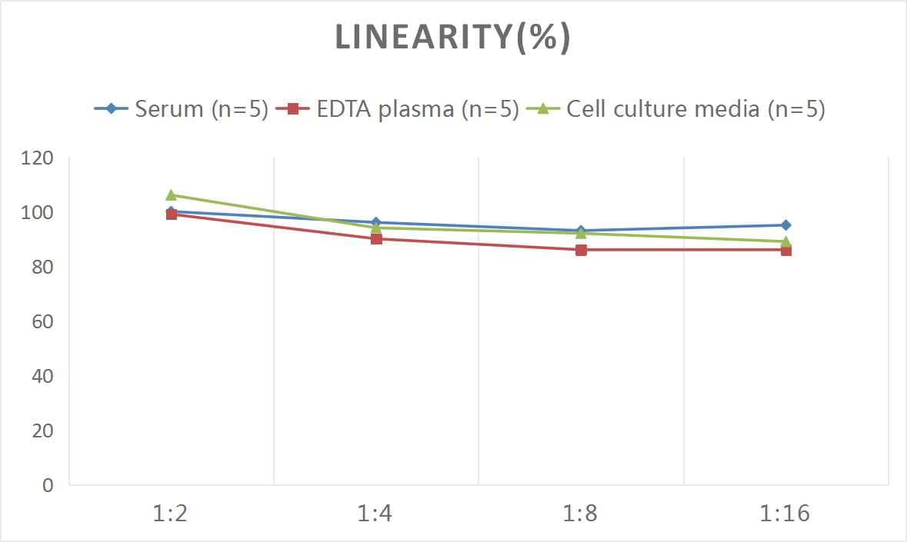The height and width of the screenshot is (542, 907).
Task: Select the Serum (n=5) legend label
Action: (x=202, y=109)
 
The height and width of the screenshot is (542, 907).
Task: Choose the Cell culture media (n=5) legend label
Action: (x=695, y=109)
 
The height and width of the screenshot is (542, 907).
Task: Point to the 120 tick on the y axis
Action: (x=38, y=158)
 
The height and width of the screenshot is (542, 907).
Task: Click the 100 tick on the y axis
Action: (x=38, y=213)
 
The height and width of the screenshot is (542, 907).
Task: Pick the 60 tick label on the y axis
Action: (x=42, y=321)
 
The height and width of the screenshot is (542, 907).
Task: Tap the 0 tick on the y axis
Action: (x=48, y=485)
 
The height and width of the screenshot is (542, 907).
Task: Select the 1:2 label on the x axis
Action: (x=171, y=513)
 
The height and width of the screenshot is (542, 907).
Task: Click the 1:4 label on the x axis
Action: (x=375, y=513)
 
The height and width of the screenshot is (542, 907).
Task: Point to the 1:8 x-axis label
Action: (x=581, y=513)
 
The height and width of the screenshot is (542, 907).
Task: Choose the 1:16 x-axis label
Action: (x=785, y=513)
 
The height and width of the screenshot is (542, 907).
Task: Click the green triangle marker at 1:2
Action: (x=171, y=195)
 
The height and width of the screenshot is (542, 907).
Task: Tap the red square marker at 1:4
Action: (x=376, y=238)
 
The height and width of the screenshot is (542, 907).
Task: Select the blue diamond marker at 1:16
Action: (x=785, y=225)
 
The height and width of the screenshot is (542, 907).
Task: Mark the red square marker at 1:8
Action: (x=581, y=250)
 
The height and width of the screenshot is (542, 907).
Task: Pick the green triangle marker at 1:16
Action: (x=785, y=241)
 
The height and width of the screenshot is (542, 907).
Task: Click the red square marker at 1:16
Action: (x=785, y=251)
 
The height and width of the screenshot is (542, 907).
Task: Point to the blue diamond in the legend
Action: (x=112, y=109)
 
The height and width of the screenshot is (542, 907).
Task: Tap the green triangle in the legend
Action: (x=543, y=109)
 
